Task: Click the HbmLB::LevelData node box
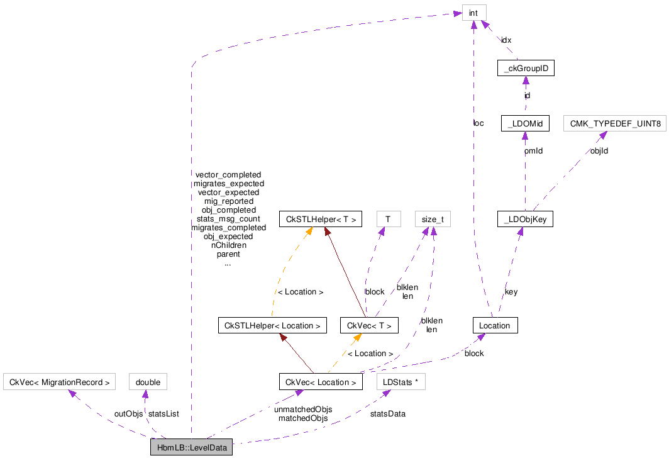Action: pyautogui.click(x=191, y=447)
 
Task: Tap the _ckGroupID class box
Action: pyautogui.click(x=525, y=68)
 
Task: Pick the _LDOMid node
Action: pyautogui.click(x=525, y=124)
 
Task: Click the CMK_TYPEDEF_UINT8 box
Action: pyautogui.click(x=614, y=124)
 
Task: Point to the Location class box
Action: pyautogui.click(x=495, y=325)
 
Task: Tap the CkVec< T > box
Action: pyautogui.click(x=369, y=325)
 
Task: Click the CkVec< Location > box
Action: pyautogui.click(x=321, y=382)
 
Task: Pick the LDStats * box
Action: pyautogui.click(x=399, y=382)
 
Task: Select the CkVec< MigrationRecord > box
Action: pyautogui.click(x=60, y=382)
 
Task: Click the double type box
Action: pyautogui.click(x=148, y=382)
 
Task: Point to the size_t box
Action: pyautogui.click(x=433, y=219)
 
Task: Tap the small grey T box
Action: pyautogui.click(x=388, y=219)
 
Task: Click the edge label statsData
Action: pyautogui.click(x=387, y=414)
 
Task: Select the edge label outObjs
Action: pyautogui.click(x=128, y=414)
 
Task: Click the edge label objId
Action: pyautogui.click(x=599, y=152)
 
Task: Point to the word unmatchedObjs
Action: pyautogui.click(x=303, y=409)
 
